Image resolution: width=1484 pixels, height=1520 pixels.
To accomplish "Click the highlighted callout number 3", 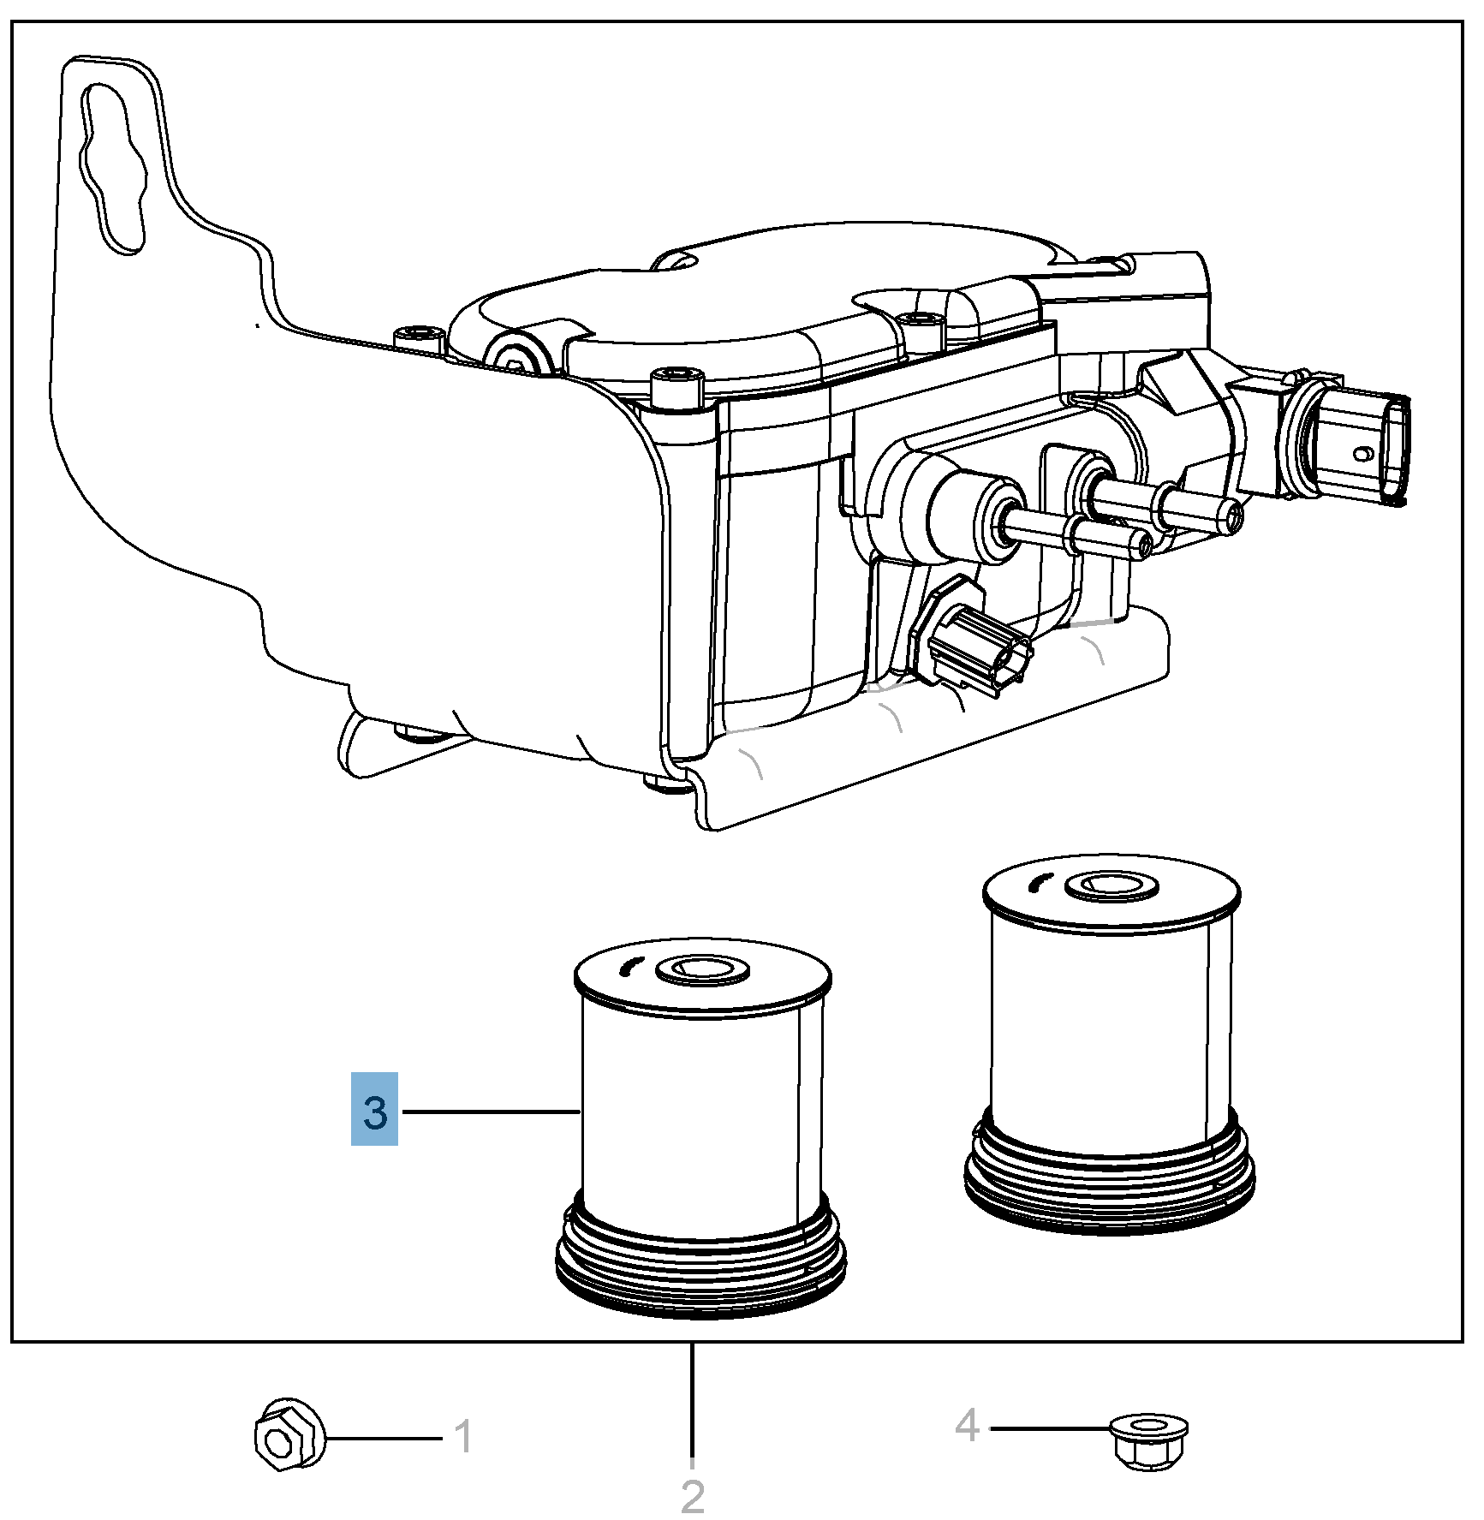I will pyautogui.click(x=374, y=1109).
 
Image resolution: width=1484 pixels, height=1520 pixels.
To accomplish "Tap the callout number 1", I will pyautogui.click(x=463, y=1437).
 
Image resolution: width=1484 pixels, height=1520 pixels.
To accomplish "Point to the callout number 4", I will pyautogui.click(x=967, y=1425).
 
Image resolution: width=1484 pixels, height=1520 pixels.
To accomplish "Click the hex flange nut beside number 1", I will pyautogui.click(x=289, y=1435).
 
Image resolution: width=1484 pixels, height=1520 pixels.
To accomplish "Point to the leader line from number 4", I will pyautogui.click(x=1049, y=1428).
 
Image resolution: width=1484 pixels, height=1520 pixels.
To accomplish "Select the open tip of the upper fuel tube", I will pyautogui.click(x=1234, y=515).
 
